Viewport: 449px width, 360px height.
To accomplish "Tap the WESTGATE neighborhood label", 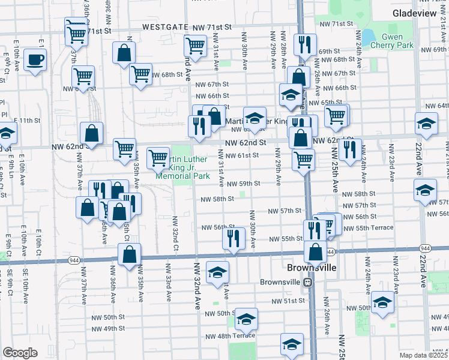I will pyautogui.click(x=161, y=28).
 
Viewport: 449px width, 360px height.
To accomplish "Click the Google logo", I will pyautogui.click(x=20, y=353).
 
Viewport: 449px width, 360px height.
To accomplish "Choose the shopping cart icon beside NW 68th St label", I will pyautogui.click(x=140, y=74).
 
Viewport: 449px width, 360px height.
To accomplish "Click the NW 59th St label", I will pyautogui.click(x=247, y=184).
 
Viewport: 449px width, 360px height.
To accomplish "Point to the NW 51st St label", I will pyautogui.click(x=285, y=301).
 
